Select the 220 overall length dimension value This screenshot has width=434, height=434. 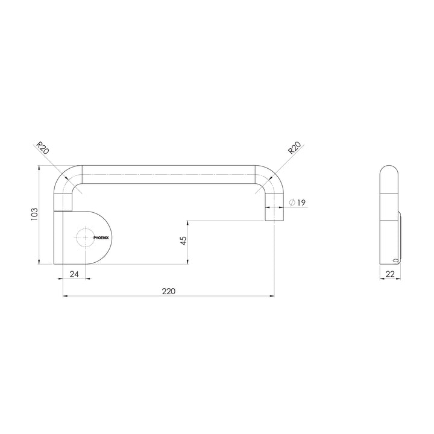click(168, 291)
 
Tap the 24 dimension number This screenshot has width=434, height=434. click(74, 274)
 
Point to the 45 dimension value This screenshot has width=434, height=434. click(183, 241)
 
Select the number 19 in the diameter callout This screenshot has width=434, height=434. click(303, 203)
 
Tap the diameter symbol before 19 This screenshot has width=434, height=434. click(292, 203)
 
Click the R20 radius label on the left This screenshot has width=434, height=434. click(41, 148)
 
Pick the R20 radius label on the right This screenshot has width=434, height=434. click(294, 148)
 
